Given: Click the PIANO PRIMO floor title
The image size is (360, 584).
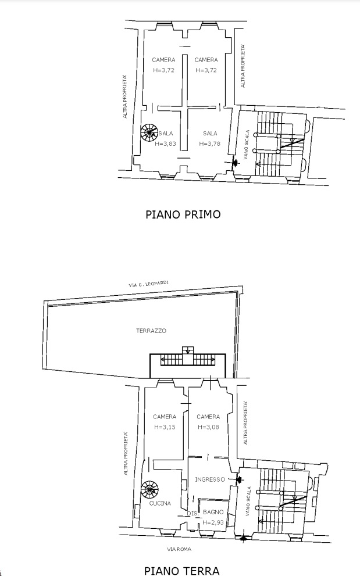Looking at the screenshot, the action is (183, 214).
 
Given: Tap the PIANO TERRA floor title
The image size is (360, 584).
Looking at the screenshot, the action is (182, 571).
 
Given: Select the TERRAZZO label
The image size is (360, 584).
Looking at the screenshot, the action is (151, 331).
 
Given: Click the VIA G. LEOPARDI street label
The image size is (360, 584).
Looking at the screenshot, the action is (149, 284).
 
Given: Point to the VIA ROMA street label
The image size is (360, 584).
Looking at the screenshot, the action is (179, 549).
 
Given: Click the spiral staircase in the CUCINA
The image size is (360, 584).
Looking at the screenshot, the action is (150, 490).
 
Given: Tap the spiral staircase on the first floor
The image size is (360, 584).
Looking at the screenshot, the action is (150, 132).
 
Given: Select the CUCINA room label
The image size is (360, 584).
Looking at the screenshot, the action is (160, 503).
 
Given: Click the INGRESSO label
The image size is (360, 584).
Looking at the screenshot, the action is (210, 479).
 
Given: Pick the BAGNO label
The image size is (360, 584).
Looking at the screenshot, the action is (213, 512).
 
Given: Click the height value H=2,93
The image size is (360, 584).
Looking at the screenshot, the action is (213, 522).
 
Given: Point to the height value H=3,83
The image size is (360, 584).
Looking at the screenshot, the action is (166, 144).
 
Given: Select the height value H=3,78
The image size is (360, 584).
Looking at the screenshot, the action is (210, 144).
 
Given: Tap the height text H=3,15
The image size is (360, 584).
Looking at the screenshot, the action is (165, 427).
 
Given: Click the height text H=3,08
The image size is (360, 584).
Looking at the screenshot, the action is (208, 427).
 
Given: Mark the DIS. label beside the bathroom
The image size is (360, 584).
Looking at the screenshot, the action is (193, 513).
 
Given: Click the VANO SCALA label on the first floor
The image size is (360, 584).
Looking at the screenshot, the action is (247, 145).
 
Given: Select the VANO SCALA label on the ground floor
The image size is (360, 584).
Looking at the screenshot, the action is (248, 501).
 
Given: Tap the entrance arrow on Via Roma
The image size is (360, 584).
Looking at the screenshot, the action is (243, 538).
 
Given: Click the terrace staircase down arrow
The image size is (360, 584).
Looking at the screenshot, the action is (188, 350).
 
